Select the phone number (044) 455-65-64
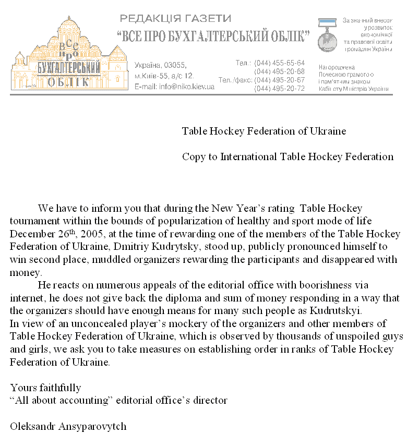(x=279, y=63)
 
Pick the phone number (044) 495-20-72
(x=279, y=88)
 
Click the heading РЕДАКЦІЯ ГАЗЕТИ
(x=175, y=19)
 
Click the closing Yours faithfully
(x=45, y=388)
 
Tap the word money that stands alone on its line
(x=24, y=272)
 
